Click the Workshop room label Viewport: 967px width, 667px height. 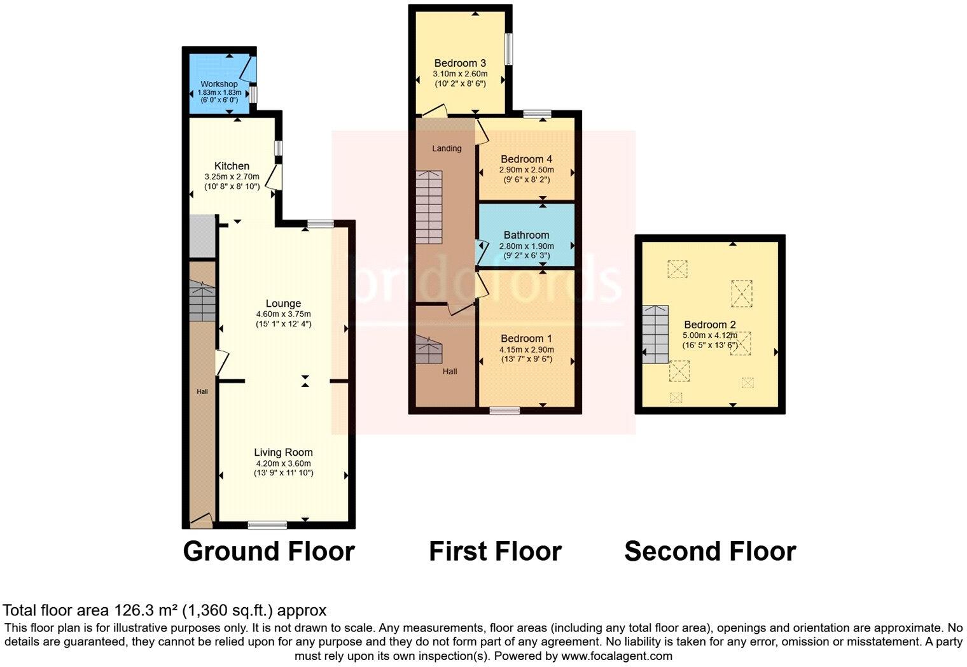(219, 84)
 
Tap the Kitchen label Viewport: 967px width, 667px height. (232, 166)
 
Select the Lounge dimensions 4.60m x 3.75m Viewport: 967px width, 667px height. (283, 314)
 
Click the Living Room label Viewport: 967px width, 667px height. (284, 452)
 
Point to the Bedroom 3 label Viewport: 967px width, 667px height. (460, 63)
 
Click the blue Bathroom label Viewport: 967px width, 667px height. (526, 235)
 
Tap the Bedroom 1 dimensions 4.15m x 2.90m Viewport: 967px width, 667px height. (526, 349)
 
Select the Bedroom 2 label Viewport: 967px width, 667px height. (710, 325)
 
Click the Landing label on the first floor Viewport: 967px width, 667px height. (447, 148)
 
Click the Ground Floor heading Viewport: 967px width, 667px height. (268, 551)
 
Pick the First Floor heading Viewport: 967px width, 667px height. (495, 551)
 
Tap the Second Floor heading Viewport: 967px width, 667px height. (710, 551)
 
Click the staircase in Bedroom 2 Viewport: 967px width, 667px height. (655, 334)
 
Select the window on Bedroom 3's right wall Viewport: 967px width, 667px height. (509, 48)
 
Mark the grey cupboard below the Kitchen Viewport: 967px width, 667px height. (203, 236)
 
